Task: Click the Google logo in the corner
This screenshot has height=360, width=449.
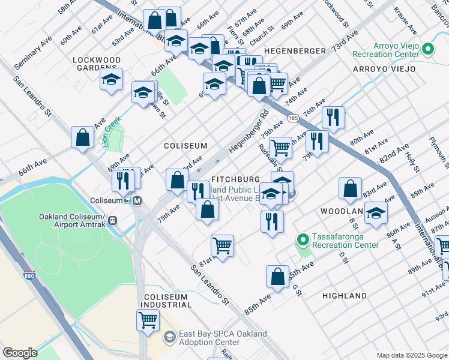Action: [x=20, y=353]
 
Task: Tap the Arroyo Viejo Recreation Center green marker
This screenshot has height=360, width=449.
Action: [x=428, y=49]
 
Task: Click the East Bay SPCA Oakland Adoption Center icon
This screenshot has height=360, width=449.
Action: [x=170, y=338]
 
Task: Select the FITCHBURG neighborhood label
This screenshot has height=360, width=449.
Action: [x=235, y=179]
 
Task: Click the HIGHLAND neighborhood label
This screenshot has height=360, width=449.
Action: [x=344, y=296]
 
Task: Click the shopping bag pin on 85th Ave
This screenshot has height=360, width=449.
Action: [x=277, y=277]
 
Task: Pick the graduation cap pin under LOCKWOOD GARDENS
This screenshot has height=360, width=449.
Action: [x=111, y=80]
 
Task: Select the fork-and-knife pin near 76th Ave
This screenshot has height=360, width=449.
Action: [x=333, y=117]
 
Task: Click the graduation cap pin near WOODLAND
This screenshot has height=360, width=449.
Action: [x=376, y=212]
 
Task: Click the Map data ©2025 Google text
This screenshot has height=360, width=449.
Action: [x=412, y=355]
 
